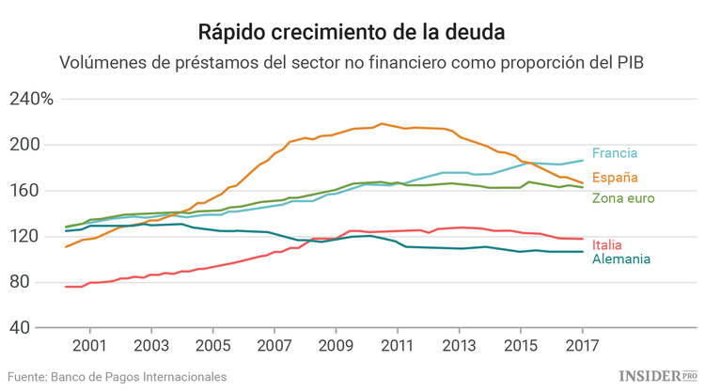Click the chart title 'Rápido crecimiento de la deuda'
click(x=352, y=32)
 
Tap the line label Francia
click(x=615, y=153)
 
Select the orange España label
click(x=615, y=178)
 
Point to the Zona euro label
click(x=623, y=198)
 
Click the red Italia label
click(x=607, y=245)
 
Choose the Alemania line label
click(x=621, y=259)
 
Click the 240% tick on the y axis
click(x=32, y=99)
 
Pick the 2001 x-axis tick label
click(x=90, y=347)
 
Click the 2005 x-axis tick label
click(x=212, y=347)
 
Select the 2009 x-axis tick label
click(x=336, y=347)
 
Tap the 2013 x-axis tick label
click(x=459, y=347)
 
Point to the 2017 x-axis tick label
click(x=581, y=347)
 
